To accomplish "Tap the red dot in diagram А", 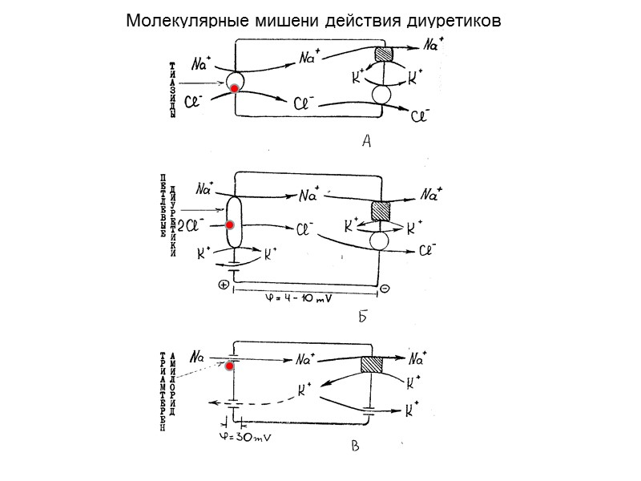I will (235, 87).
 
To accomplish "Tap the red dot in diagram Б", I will (229, 227).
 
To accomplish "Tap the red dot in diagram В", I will (228, 366).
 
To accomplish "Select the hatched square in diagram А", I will (384, 55).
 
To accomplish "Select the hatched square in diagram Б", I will (381, 212).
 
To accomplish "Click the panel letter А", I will (366, 143).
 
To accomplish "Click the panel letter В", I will (355, 447).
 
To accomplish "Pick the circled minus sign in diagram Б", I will (385, 289).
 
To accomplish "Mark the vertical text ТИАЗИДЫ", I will (171, 89).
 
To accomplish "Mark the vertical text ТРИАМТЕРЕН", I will (162, 392).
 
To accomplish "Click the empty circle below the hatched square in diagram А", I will (383, 94).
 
